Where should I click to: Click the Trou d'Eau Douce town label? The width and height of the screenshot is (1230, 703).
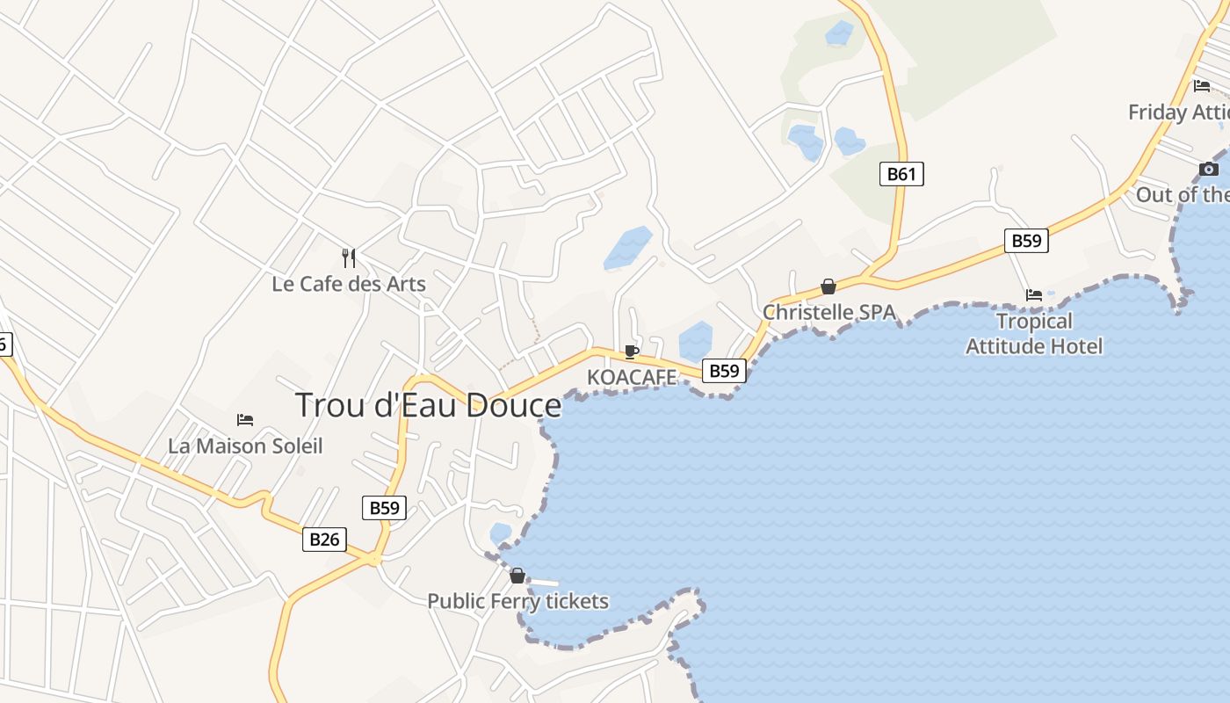click(x=428, y=405)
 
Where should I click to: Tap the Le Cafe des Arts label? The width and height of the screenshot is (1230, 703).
click(x=349, y=284)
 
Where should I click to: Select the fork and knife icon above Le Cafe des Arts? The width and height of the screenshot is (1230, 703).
click(x=349, y=257)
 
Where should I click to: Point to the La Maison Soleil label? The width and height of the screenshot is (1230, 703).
click(x=245, y=446)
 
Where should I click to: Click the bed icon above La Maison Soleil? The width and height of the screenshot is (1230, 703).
click(x=245, y=420)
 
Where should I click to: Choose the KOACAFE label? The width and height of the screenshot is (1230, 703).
click(x=632, y=377)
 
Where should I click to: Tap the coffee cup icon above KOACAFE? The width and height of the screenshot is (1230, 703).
click(x=631, y=351)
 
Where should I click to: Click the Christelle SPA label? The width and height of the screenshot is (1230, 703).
click(x=828, y=312)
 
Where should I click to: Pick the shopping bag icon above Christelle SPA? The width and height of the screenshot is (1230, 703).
click(x=828, y=286)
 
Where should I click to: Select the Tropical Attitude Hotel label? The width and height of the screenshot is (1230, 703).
click(x=1034, y=334)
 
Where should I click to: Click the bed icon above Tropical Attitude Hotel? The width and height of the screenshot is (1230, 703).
click(x=1034, y=295)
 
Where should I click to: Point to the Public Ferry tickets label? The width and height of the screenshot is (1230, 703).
click(x=517, y=601)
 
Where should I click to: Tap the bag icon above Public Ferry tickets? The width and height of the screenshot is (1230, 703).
click(x=517, y=576)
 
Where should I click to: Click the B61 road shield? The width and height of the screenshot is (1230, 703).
click(x=901, y=173)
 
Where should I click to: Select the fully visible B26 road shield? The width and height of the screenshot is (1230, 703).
click(x=324, y=539)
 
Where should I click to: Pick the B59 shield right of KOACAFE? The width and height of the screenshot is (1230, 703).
click(x=724, y=371)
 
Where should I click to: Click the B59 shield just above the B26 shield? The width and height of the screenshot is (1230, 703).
click(x=384, y=507)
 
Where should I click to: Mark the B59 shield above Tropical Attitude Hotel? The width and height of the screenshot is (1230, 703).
click(x=1026, y=240)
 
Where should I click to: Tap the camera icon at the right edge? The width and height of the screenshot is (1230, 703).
click(x=1209, y=169)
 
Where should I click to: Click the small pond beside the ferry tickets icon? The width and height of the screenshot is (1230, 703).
click(x=500, y=533)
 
